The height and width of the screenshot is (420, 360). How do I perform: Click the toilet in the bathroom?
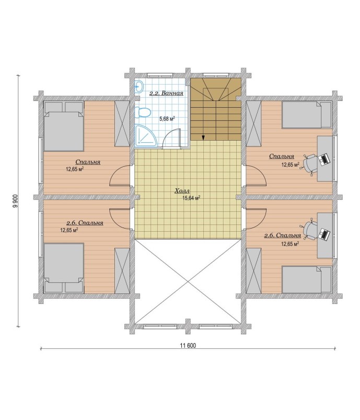click(143, 112)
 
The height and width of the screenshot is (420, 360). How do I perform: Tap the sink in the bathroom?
click(139, 86)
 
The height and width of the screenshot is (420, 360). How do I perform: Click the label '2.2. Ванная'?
click(166, 93)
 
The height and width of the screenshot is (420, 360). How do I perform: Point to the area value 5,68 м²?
click(167, 118)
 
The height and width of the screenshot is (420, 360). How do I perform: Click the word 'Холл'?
click(182, 191)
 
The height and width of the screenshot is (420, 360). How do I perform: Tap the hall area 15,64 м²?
click(191, 198)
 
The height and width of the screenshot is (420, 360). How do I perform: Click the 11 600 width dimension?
click(188, 346)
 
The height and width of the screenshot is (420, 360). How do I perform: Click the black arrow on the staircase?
click(203, 138)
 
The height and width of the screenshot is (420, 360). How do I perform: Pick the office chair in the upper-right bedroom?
click(309, 164)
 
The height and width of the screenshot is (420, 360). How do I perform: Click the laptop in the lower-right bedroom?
click(324, 234)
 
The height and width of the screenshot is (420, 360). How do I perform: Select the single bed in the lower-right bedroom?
click(307, 279)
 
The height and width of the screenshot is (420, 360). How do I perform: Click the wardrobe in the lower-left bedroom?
click(122, 270)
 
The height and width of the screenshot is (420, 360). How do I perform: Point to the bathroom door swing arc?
click(171, 138)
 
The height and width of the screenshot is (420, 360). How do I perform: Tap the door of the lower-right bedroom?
click(256, 219)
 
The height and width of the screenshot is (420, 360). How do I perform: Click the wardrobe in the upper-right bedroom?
click(253, 123)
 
